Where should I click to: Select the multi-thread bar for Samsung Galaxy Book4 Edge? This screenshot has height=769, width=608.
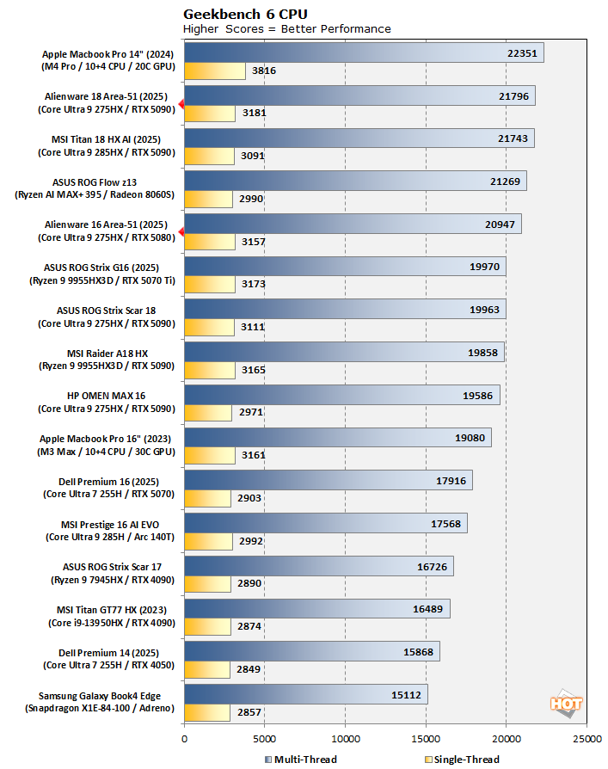305,695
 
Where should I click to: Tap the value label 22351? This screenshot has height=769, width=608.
522,53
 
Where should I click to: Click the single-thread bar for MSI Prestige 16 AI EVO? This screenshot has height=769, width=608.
208,542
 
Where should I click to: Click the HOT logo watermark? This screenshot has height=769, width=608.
566,703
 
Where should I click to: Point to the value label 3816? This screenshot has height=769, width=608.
263,71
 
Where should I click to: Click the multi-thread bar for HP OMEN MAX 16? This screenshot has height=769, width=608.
341,395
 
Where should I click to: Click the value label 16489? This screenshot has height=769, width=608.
428,609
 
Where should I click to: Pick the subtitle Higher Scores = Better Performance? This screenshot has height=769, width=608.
287,28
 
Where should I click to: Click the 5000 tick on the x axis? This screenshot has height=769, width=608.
265,738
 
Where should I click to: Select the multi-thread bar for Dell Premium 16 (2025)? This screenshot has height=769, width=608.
328,481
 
